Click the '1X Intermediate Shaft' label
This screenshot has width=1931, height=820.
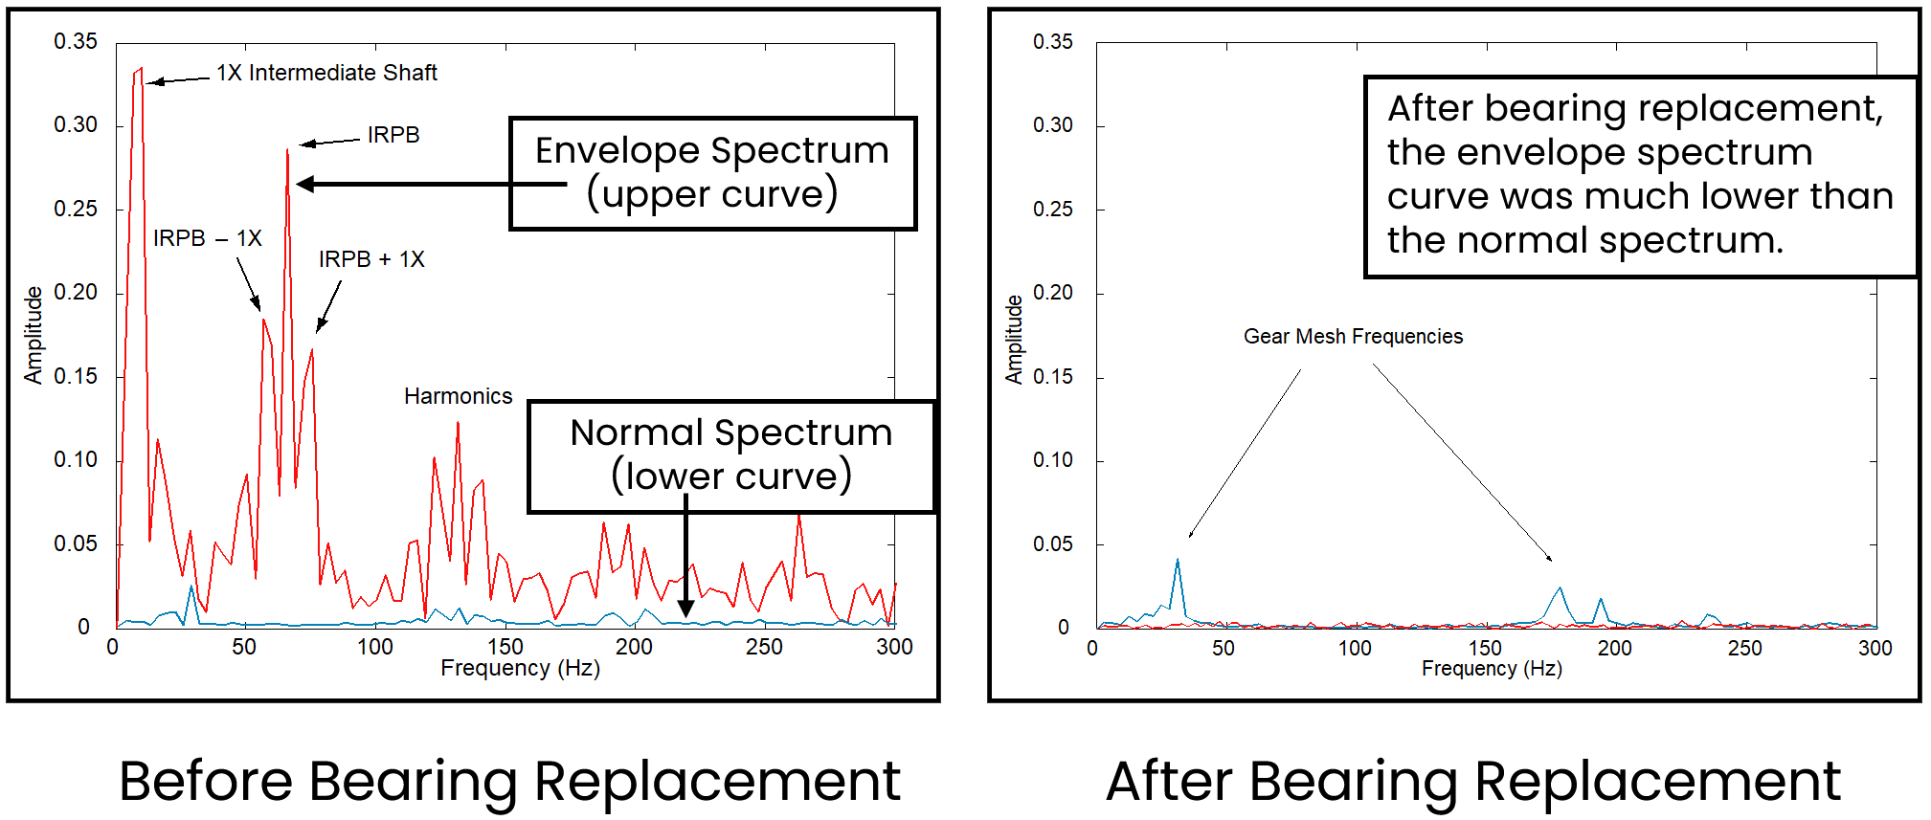pos(326,73)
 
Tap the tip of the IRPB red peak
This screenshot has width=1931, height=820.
pos(287,150)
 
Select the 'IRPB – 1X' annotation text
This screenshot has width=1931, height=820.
pos(207,238)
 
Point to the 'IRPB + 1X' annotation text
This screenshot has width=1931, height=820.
pos(371,259)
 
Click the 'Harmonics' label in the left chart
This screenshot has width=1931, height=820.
pos(458,396)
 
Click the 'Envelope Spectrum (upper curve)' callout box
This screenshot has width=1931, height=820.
pos(712,173)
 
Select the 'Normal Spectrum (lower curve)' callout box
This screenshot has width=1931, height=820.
pos(730,455)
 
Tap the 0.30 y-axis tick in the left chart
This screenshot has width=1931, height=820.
pos(76,125)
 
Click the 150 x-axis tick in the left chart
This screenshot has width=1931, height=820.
pos(505,648)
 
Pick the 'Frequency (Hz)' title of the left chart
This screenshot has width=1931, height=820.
pos(520,668)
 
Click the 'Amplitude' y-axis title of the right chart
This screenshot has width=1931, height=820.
pos(1014,340)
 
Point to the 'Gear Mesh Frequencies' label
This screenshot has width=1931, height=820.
pos(1352,337)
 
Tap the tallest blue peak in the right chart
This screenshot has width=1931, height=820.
pos(1178,561)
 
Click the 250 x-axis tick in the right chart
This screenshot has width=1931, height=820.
pos(1744,649)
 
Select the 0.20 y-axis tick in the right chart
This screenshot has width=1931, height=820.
pos(1052,293)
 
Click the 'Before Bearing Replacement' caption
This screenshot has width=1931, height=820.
pos(509,781)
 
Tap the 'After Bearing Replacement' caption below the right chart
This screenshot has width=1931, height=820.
pos(1472,781)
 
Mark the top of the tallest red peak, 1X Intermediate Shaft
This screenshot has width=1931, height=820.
pos(141,69)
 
